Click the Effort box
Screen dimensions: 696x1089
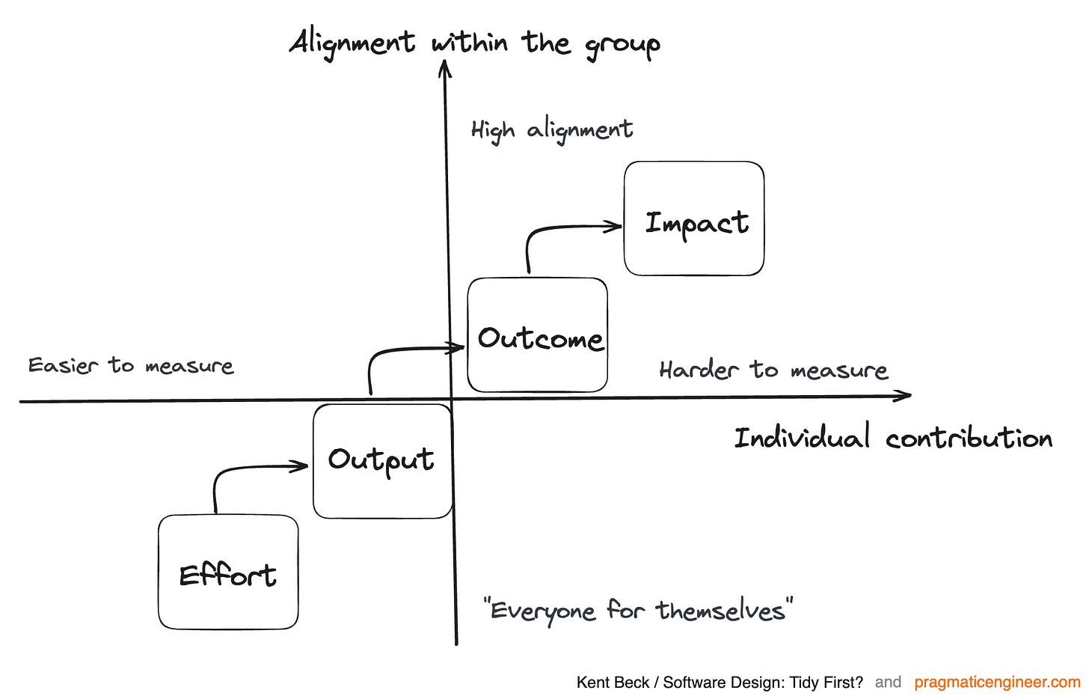[228, 573]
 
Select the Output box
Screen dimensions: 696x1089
[382, 461]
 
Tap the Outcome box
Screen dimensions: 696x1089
[538, 335]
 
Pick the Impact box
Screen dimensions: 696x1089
[694, 219]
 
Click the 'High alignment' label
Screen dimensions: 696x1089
[552, 130]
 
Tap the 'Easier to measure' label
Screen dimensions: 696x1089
[131, 365]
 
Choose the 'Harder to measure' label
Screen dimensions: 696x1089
[773, 370]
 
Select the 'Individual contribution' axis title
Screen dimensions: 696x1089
[893, 438]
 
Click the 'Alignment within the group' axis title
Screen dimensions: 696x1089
[474, 43]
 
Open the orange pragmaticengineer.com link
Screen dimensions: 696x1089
[997, 683]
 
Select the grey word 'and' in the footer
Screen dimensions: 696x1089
[888, 683]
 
